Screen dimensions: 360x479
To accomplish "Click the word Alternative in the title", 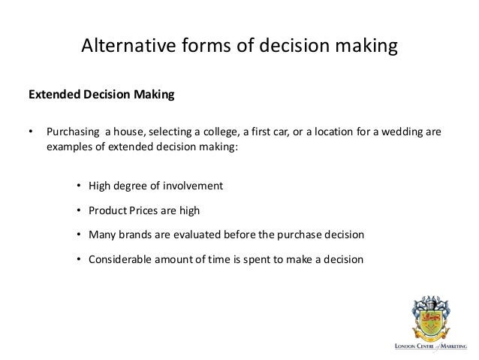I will tap(128, 47).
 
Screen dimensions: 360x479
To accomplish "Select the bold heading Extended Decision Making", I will tap(101, 95).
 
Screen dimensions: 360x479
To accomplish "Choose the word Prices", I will tap(147, 210).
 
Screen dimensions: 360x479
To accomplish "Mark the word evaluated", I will tap(195, 234).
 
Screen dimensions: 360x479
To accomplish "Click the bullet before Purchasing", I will tap(31, 133).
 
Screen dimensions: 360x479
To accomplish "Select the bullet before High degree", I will tap(79, 185).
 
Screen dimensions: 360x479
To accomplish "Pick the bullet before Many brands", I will tap(79, 234).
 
